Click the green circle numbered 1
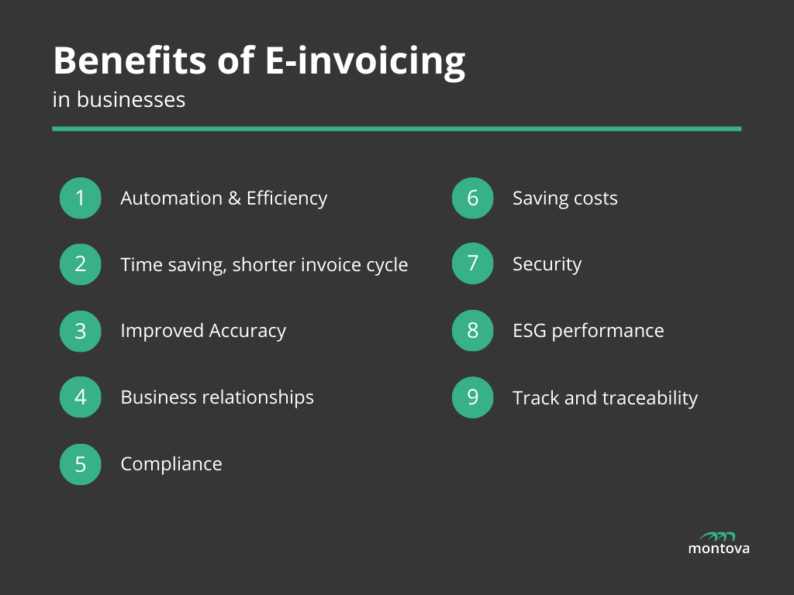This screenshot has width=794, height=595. (x=81, y=198)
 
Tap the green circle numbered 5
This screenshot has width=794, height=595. (x=81, y=464)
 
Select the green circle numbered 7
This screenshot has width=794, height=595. (x=472, y=264)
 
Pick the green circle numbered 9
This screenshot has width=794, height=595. (x=472, y=397)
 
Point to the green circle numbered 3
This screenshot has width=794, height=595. (x=81, y=331)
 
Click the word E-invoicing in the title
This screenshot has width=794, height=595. (x=365, y=62)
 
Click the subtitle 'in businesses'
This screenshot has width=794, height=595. (x=119, y=100)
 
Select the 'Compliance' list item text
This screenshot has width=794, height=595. (x=171, y=464)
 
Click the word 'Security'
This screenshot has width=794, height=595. (x=547, y=265)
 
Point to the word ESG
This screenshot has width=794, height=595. (x=529, y=331)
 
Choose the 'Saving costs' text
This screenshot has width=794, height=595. (x=564, y=198)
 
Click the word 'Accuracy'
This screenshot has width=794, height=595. (x=247, y=332)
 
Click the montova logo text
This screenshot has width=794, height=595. (x=719, y=549)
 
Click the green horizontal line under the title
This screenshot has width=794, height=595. (x=396, y=129)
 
